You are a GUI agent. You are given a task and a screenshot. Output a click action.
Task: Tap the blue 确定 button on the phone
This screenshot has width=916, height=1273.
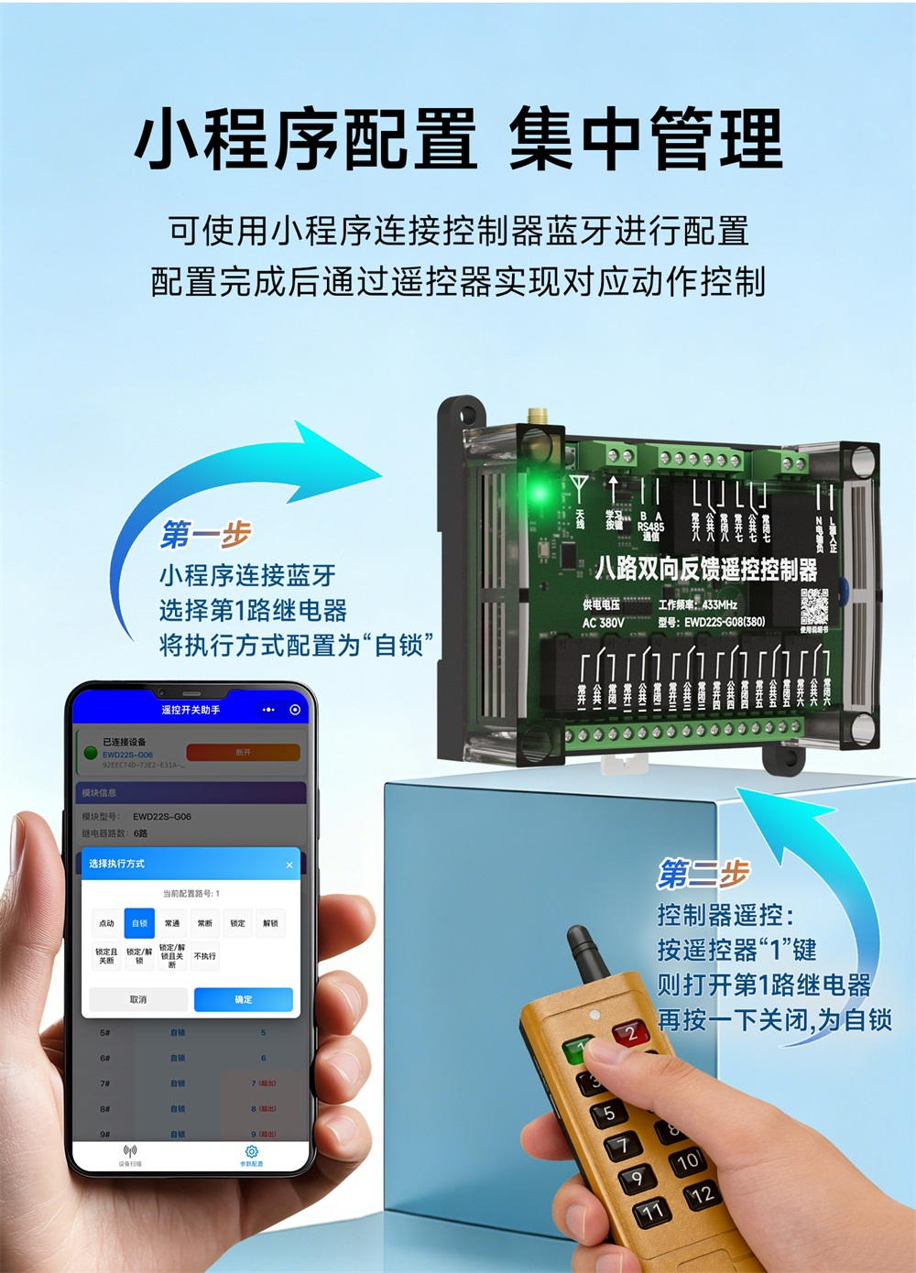pyautogui.click(x=243, y=999)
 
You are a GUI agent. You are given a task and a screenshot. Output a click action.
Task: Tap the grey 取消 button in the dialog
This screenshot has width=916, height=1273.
pyautogui.click(x=138, y=999)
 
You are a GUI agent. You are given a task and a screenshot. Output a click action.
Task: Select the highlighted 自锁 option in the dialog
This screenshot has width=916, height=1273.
pyautogui.click(x=139, y=923)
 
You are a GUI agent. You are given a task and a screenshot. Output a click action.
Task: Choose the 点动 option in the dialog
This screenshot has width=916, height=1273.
pyautogui.click(x=107, y=923)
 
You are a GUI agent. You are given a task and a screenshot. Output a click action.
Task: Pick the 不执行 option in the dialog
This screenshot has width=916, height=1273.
pyautogui.click(x=205, y=956)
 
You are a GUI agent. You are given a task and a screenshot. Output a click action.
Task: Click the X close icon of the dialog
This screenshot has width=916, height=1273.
pyautogui.click(x=289, y=865)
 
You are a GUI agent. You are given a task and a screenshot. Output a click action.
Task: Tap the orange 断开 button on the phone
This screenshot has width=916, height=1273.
pyautogui.click(x=243, y=752)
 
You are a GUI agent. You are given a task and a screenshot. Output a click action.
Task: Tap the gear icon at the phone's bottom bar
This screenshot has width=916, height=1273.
pyautogui.click(x=251, y=1152)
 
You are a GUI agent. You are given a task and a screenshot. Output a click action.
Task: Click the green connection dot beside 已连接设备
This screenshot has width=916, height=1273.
pyautogui.click(x=91, y=753)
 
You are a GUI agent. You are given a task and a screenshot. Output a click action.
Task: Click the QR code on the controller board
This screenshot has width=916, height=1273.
pyautogui.click(x=813, y=605)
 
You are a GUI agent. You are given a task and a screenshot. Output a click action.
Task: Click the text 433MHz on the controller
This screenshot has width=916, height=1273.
pyautogui.click(x=720, y=604)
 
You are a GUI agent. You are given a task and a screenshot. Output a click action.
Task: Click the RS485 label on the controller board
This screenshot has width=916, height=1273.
pyautogui.click(x=650, y=528)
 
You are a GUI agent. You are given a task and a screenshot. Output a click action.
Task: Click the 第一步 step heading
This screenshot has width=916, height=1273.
pyautogui.click(x=205, y=534)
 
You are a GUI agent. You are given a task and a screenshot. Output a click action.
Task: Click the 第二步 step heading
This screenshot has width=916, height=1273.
pyautogui.click(x=703, y=874)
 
